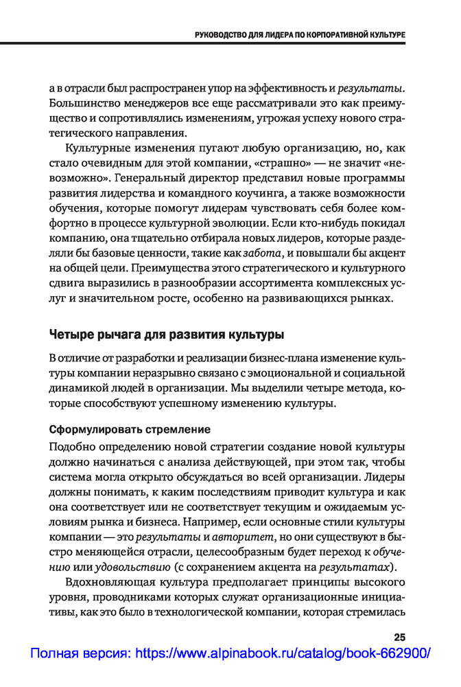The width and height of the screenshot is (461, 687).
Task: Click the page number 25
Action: click(x=399, y=637)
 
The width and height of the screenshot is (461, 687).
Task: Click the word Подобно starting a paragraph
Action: click(x=73, y=447)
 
